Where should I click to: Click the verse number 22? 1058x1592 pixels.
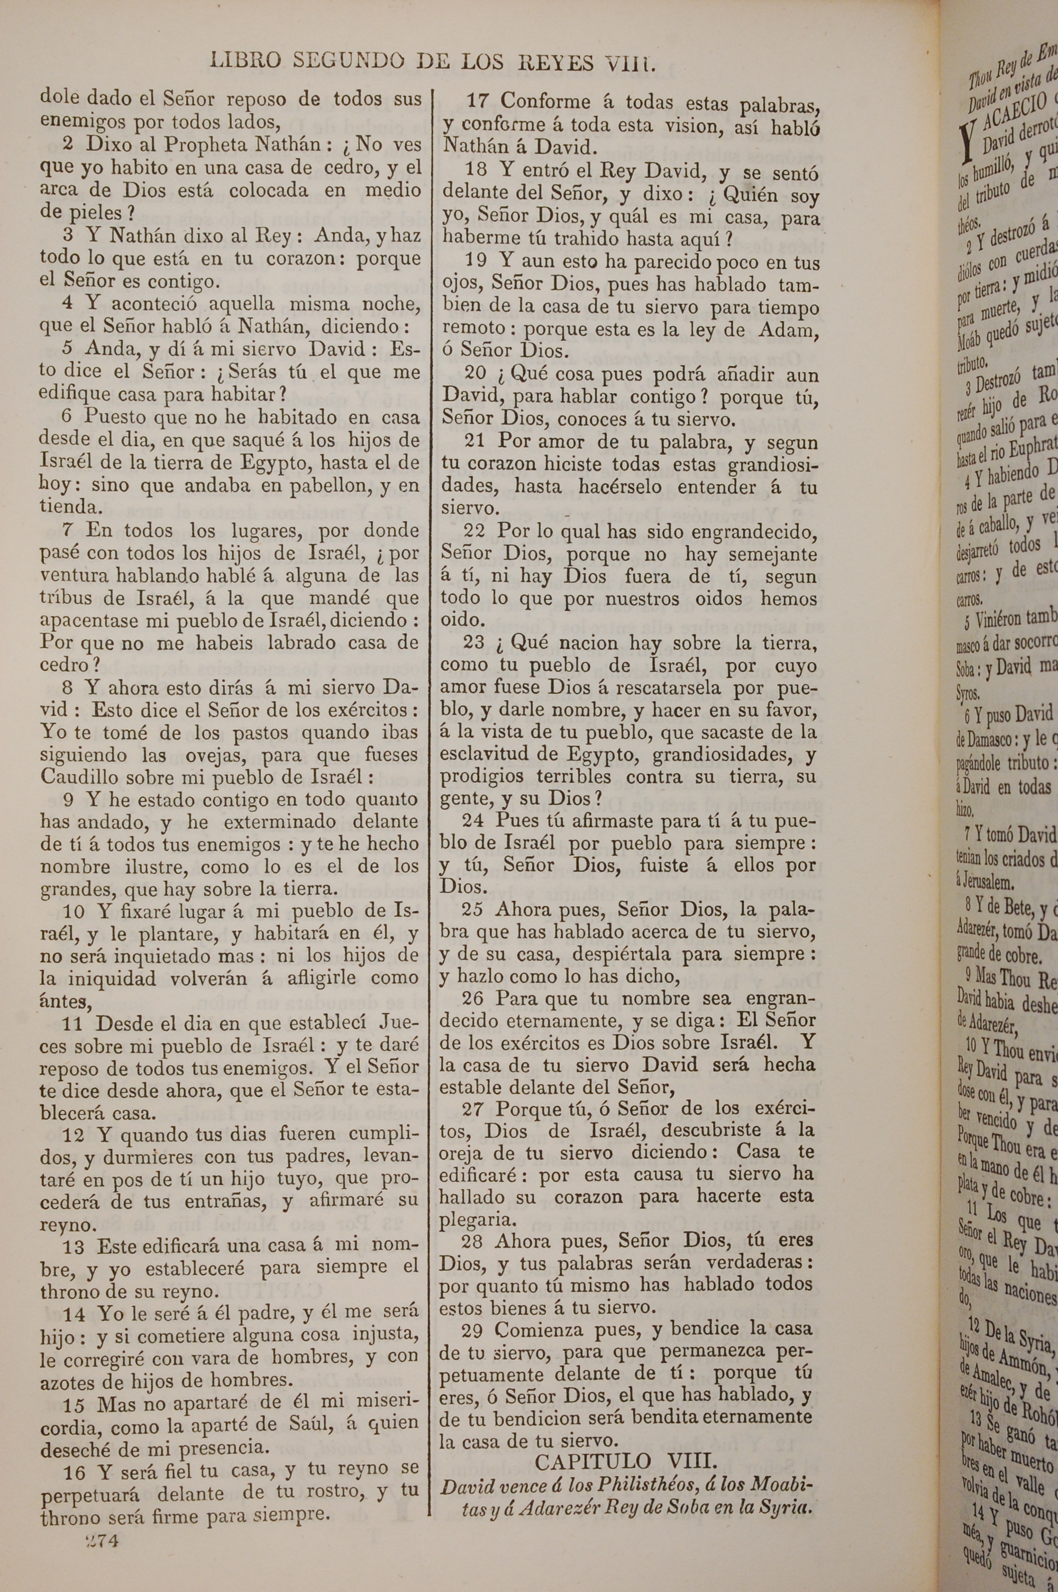[477, 531]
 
